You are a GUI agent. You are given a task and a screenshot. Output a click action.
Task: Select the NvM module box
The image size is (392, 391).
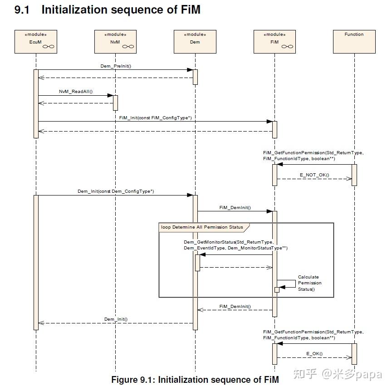(x=115, y=41)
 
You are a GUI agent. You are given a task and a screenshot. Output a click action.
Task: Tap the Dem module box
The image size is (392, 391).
(x=195, y=41)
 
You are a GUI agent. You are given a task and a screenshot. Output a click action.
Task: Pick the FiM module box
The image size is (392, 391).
(x=274, y=41)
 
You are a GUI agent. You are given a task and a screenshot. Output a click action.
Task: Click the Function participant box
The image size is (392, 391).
(x=354, y=41)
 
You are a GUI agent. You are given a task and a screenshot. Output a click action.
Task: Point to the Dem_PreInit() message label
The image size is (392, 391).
(x=116, y=66)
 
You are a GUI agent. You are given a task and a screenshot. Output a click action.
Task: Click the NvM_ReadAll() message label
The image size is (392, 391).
(x=76, y=92)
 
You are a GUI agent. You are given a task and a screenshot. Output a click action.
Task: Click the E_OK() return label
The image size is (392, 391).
(x=314, y=353)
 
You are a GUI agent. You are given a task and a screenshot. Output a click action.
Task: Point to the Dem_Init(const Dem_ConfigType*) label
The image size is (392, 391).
(x=116, y=191)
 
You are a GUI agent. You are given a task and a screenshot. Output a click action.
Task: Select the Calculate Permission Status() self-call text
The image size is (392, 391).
(x=309, y=283)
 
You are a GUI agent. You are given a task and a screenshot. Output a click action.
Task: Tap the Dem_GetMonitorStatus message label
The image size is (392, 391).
(x=235, y=245)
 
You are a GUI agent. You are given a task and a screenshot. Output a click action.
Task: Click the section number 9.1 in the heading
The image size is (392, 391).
(x=22, y=10)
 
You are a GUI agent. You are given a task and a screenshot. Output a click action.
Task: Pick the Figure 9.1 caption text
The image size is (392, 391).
(x=195, y=380)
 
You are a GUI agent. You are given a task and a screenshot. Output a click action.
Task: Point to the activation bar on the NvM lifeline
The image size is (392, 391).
(x=115, y=103)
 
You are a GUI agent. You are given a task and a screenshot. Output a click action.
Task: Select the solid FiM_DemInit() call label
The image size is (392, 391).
(x=235, y=208)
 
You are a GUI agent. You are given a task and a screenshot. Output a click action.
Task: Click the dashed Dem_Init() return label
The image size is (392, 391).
(x=116, y=319)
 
